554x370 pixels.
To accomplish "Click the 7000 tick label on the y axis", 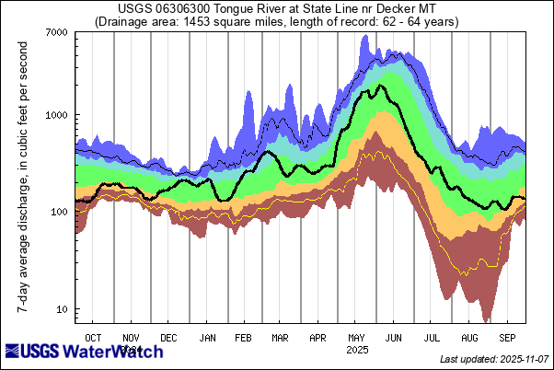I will tap(56, 33).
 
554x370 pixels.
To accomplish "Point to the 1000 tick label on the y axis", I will tap(56, 115).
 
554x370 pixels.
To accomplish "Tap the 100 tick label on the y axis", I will tap(60, 212).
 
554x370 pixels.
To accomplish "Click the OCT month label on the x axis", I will tap(93, 338).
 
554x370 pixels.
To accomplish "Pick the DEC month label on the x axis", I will tap(169, 338).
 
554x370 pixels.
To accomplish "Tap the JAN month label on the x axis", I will tap(208, 338).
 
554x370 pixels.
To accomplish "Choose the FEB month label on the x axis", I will tap(245, 338).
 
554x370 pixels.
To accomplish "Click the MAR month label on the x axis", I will tap(281, 338).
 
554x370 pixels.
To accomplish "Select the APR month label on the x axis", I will tap(318, 338).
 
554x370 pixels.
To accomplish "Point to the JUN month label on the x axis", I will tap(395, 338).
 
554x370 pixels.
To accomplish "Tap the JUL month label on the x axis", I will tap(433, 338).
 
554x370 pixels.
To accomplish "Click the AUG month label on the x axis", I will tap(470, 338).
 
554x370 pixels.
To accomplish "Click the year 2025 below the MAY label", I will tap(357, 350).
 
